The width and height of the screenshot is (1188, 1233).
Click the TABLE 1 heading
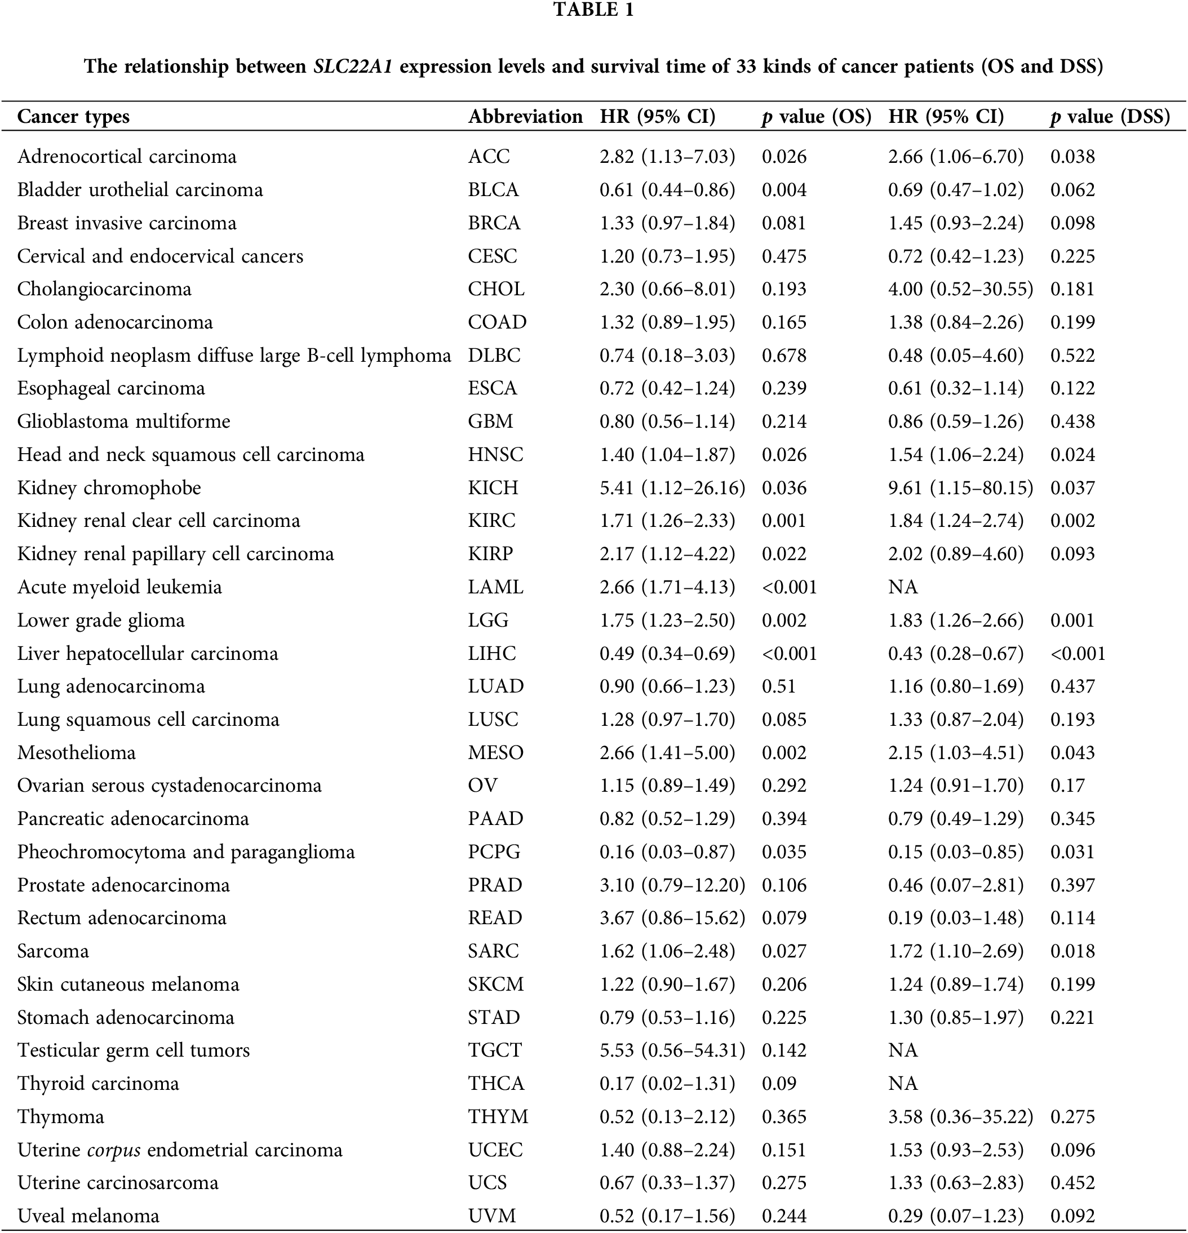593,10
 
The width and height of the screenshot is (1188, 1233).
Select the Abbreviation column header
525,117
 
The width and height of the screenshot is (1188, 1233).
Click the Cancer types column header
74,117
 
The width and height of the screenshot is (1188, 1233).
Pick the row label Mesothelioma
76,752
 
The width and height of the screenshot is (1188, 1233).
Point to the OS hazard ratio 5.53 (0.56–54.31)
672,1050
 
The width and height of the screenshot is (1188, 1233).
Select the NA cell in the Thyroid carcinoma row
903,1083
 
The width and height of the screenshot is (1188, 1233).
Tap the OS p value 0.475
784,256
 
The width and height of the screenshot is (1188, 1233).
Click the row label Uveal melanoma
88,1216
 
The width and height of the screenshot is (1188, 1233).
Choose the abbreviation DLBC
494,356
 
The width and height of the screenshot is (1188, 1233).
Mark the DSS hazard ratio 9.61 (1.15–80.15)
960,487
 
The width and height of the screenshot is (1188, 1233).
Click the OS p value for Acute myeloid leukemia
789,587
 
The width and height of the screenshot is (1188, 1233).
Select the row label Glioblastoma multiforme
123,421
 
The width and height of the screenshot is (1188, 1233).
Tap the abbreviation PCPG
494,852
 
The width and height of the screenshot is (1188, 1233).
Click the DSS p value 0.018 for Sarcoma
1072,951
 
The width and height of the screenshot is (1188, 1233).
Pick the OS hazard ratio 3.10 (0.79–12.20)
672,885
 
